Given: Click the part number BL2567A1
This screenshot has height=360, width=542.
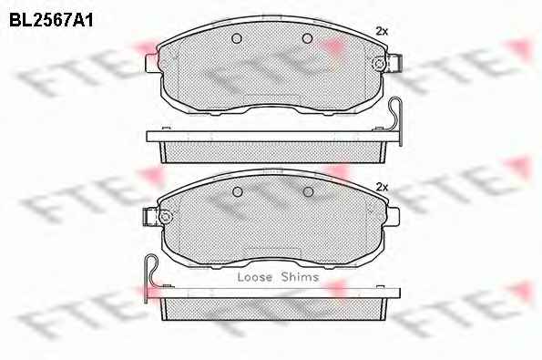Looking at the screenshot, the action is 51,20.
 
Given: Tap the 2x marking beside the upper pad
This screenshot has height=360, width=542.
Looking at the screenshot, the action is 382,32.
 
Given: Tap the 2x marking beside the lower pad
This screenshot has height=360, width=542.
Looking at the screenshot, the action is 382,188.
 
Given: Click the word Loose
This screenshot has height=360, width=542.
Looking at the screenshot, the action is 255,277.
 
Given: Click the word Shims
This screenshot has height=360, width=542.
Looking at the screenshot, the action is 300,277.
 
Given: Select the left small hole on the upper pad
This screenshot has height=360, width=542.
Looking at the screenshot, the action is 237,38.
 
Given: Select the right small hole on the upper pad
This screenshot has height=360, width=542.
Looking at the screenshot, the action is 307,38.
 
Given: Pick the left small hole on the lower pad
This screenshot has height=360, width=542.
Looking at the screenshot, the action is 238,191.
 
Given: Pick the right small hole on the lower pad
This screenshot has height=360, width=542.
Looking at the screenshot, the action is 308,191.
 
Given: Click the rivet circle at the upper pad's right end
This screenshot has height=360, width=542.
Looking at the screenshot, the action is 379,64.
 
